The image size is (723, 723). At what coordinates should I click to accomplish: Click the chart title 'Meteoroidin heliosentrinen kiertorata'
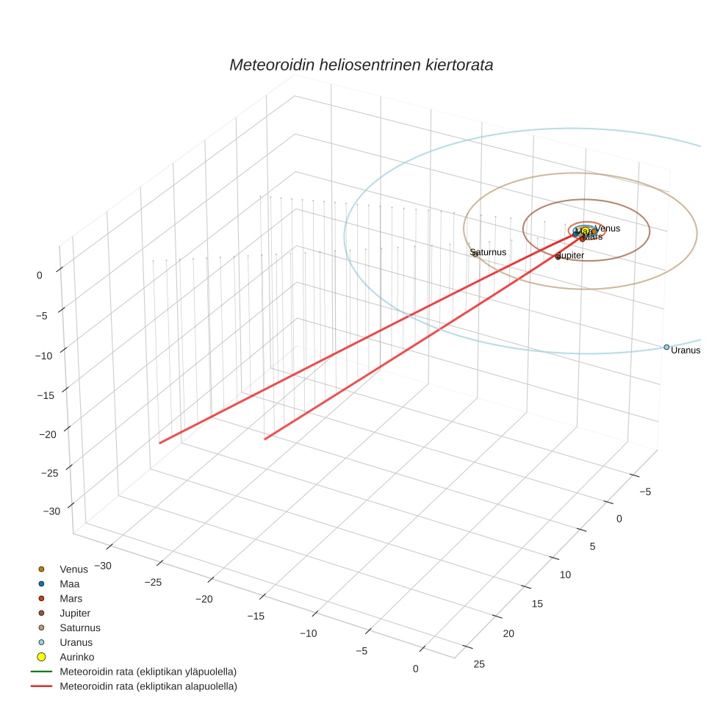point(361,65)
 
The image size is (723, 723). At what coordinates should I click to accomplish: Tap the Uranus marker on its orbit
point(666,347)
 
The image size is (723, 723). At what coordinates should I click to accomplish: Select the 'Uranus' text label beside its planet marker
point(686,350)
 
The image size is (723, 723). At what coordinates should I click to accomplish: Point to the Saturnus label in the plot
point(489,252)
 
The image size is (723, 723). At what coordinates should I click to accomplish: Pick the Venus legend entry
point(73,569)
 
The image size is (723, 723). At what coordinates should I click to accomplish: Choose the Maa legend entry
point(69,583)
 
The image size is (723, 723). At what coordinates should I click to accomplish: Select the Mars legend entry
point(71,598)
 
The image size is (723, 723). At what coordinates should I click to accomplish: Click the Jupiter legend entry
point(75,613)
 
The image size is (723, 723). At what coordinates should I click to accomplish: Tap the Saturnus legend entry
point(79,627)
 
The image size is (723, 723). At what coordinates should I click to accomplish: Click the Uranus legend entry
point(76,642)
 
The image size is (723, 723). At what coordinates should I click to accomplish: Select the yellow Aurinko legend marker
point(42,657)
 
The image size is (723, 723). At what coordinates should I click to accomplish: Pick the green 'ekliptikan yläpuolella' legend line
point(41,672)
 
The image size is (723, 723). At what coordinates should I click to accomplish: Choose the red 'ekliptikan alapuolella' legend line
point(41,686)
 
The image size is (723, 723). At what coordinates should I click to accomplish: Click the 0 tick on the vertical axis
point(39,275)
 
